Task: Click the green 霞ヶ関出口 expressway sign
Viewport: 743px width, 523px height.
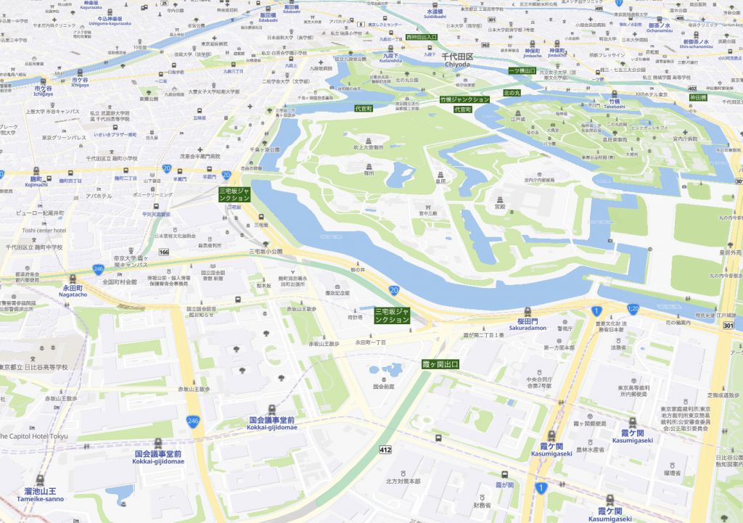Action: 440,363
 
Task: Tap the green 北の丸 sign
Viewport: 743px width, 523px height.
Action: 512,94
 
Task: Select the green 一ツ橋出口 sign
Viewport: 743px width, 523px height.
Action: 522,70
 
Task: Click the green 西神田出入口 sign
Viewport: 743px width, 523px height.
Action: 422,36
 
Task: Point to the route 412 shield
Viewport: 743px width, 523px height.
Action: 385,450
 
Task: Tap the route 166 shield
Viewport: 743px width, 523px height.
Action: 164,252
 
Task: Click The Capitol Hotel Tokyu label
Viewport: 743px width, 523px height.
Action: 33,436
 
